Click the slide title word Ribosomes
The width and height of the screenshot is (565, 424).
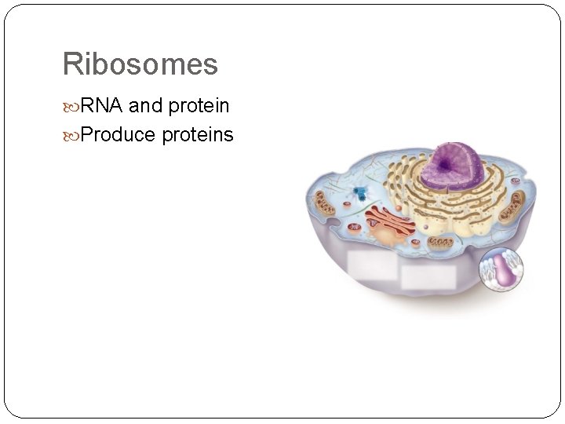click(x=140, y=64)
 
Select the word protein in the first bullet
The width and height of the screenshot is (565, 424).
click(x=199, y=106)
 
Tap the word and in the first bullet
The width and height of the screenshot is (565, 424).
click(x=144, y=105)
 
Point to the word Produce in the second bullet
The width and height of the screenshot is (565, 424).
click(x=118, y=135)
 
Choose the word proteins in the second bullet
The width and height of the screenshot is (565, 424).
click(x=198, y=135)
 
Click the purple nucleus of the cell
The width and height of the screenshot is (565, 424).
click(x=452, y=169)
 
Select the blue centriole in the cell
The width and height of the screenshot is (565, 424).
click(x=360, y=193)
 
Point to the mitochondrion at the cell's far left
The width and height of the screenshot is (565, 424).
click(x=323, y=207)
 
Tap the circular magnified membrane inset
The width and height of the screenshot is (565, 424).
click(x=501, y=271)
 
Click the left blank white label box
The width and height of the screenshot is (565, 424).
click(x=373, y=267)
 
